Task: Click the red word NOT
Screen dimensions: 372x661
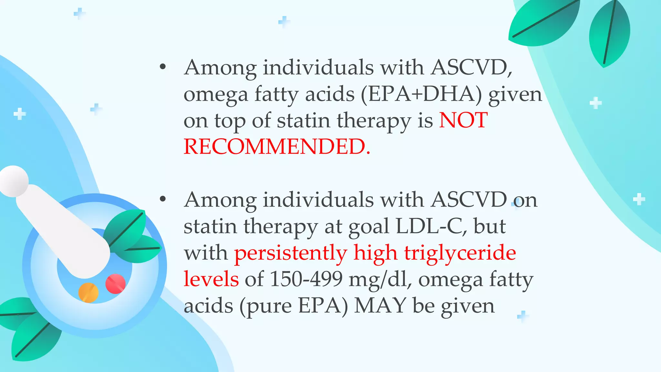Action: pyautogui.click(x=463, y=120)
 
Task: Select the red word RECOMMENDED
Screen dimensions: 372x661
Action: pyautogui.click(x=277, y=147)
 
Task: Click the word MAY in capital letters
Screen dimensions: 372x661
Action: pyautogui.click(x=380, y=305)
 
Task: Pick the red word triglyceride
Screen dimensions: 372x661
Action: pyautogui.click(x=460, y=253)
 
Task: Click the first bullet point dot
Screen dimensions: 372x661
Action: pyautogui.click(x=163, y=67)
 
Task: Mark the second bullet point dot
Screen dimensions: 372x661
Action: pyautogui.click(x=163, y=199)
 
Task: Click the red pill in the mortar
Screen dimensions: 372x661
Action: pyautogui.click(x=115, y=284)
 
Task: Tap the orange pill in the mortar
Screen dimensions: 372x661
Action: pyautogui.click(x=88, y=292)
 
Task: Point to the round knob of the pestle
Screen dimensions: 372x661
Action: pyautogui.click(x=14, y=181)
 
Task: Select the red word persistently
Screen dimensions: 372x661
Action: pyautogui.click(x=290, y=253)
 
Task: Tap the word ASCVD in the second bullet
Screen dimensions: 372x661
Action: pyautogui.click(x=469, y=200)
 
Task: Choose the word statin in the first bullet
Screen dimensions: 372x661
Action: pyautogui.click(x=303, y=120)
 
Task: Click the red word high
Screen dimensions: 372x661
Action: pyautogui.click(x=375, y=253)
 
